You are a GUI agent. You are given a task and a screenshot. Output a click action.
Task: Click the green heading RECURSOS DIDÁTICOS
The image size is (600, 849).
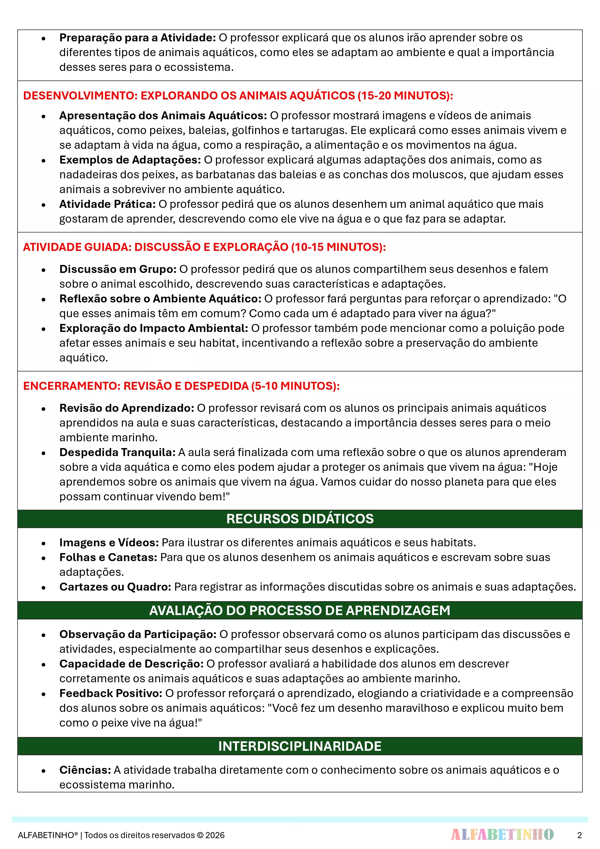click(300, 519)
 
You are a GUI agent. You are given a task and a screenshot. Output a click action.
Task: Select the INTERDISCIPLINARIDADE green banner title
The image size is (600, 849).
click(300, 746)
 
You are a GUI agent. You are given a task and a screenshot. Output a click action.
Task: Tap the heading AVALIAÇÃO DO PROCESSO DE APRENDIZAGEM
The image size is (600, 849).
click(300, 610)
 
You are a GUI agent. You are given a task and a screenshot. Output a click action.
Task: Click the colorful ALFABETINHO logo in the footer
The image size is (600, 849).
click(502, 834)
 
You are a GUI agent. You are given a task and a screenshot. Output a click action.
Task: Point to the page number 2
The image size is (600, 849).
click(579, 835)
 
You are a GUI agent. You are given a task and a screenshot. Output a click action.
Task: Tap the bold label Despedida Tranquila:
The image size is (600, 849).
click(118, 452)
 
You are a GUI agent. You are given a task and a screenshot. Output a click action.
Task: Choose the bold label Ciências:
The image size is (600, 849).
click(85, 770)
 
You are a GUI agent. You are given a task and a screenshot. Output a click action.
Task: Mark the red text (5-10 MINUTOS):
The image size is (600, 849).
click(295, 386)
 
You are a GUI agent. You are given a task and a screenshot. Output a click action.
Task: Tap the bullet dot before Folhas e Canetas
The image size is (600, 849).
click(44, 558)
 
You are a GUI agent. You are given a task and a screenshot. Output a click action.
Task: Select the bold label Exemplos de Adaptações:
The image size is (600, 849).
click(130, 160)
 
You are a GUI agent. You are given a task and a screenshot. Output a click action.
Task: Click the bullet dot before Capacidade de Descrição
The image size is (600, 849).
click(44, 664)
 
